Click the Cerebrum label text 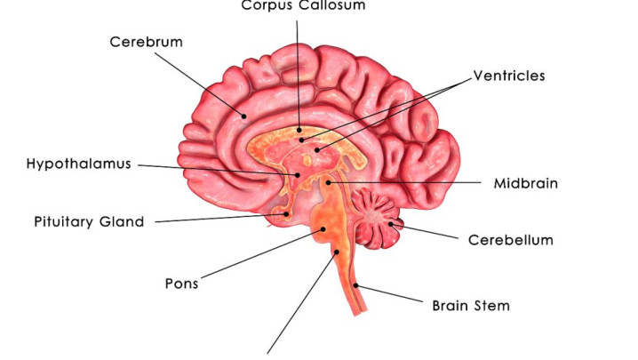[146, 42]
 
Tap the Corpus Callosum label [303, 5]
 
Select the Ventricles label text [509, 76]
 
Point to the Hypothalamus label [78, 164]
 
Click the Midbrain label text [526, 183]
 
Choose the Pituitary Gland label [89, 222]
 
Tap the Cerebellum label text [511, 240]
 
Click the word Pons [181, 284]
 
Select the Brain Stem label [471, 306]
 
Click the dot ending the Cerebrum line [244, 116]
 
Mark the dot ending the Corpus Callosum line [299, 131]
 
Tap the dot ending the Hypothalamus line [298, 175]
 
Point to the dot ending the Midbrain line [329, 182]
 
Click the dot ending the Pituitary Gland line [286, 214]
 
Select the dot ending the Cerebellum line [391, 224]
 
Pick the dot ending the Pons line [323, 229]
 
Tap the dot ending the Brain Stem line [355, 285]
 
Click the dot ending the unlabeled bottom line [337, 252]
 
